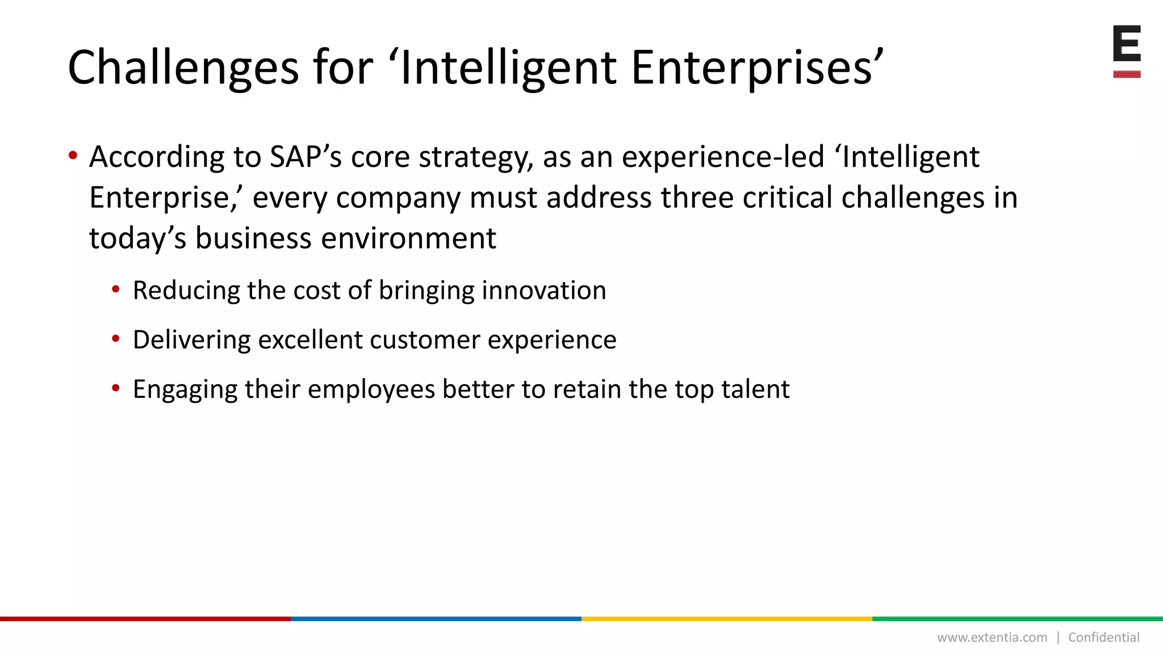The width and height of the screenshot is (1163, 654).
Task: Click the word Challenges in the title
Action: tap(183, 68)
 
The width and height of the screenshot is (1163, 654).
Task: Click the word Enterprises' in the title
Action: tap(757, 68)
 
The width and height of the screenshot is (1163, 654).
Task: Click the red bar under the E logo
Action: tap(1127, 74)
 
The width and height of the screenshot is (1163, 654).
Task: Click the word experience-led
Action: tap(722, 157)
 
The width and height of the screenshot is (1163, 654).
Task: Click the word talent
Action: tap(755, 389)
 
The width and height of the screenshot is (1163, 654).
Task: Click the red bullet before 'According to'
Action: tap(73, 156)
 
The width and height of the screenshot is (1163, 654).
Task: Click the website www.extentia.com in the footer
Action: tap(992, 638)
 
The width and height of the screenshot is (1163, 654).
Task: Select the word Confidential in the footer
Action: tap(1103, 638)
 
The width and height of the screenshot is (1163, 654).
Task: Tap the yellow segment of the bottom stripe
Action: tap(727, 619)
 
